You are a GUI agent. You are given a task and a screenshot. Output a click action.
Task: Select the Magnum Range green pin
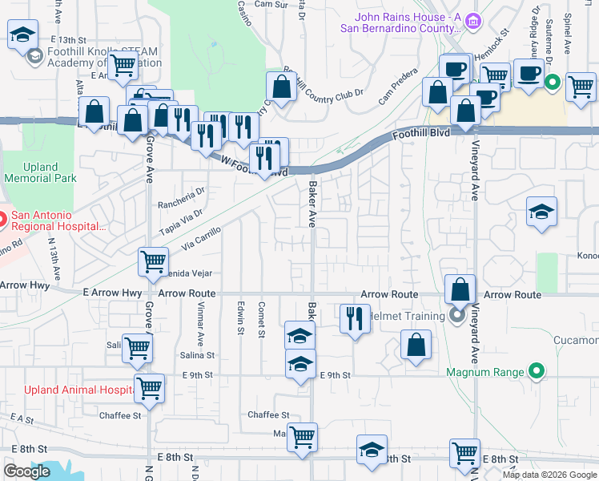[537, 371]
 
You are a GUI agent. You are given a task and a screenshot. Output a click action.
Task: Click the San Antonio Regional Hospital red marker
[2, 217]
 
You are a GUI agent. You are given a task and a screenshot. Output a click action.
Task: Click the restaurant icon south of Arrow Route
[352, 318]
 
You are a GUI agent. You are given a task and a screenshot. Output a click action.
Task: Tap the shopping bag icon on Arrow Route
[460, 289]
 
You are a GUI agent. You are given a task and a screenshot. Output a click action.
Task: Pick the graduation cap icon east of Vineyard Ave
[541, 212]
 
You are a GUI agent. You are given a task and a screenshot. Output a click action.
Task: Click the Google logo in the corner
[26, 471]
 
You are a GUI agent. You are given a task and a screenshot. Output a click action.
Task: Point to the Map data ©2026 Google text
[549, 475]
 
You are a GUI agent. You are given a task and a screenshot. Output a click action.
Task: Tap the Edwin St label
[240, 318]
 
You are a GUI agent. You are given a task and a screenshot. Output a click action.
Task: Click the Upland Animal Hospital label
[66, 390]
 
